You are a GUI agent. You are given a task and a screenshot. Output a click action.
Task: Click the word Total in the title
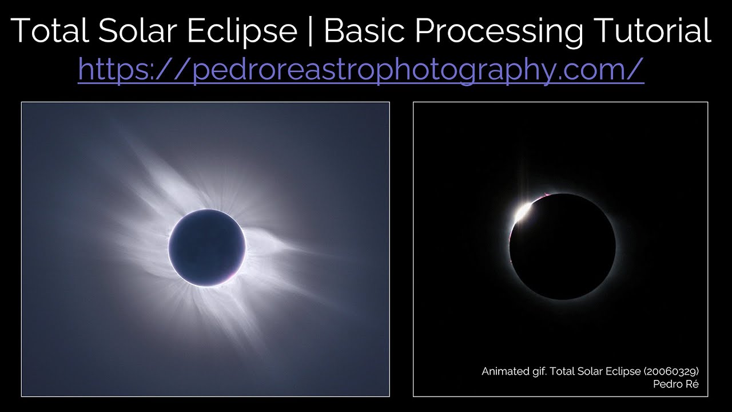(51, 30)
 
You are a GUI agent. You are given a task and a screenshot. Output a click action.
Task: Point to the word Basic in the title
(365, 30)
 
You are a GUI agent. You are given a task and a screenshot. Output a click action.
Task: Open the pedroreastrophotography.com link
(361, 70)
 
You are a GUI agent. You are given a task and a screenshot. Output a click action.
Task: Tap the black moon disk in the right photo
(563, 247)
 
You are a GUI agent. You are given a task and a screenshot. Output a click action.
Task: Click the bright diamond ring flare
(522, 213)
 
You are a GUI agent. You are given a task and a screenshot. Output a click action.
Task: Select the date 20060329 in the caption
(671, 371)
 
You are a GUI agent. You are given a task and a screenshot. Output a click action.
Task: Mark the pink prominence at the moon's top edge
(547, 196)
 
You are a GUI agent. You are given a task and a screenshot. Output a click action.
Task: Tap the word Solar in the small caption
(586, 371)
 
